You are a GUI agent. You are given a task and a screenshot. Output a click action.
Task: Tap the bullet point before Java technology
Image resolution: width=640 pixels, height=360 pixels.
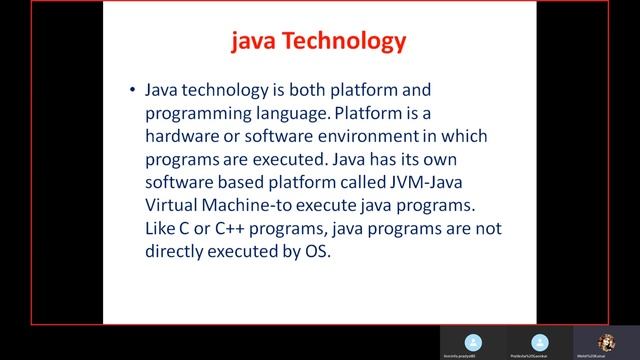point(133,89)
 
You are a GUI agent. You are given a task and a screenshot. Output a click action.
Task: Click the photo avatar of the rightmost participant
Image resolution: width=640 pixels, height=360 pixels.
point(605,340)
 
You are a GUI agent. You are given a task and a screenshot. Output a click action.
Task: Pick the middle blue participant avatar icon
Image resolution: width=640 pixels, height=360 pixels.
point(540,340)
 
